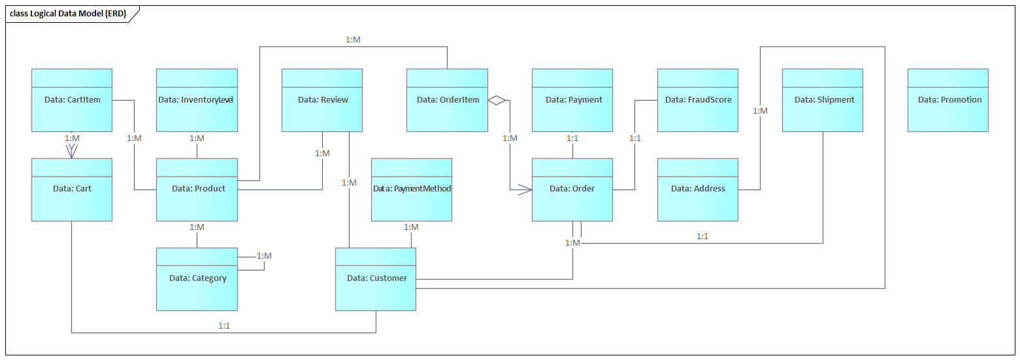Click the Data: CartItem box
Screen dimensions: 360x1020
click(x=72, y=100)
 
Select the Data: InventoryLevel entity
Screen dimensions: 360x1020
click(x=197, y=100)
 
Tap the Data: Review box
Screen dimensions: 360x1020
click(x=322, y=100)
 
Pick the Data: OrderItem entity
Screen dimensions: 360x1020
click(x=447, y=100)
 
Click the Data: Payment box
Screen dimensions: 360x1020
click(x=572, y=100)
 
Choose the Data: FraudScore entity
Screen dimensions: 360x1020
click(x=697, y=100)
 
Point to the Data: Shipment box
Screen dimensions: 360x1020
click(x=823, y=100)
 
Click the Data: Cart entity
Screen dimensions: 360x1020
click(x=72, y=189)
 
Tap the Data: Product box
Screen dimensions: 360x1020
click(x=197, y=189)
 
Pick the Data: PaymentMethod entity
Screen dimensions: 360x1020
click(x=412, y=189)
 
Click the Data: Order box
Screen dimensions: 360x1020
click(x=572, y=189)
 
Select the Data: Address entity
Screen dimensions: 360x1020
click(x=697, y=189)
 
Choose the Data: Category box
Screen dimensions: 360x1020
click(x=197, y=279)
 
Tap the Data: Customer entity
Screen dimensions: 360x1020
click(x=376, y=279)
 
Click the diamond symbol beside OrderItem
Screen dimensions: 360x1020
click(x=497, y=100)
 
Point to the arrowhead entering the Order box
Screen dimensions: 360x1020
click(x=526, y=189)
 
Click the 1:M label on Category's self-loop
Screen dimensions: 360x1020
click(x=264, y=255)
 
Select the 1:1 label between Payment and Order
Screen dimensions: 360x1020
click(x=573, y=139)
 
